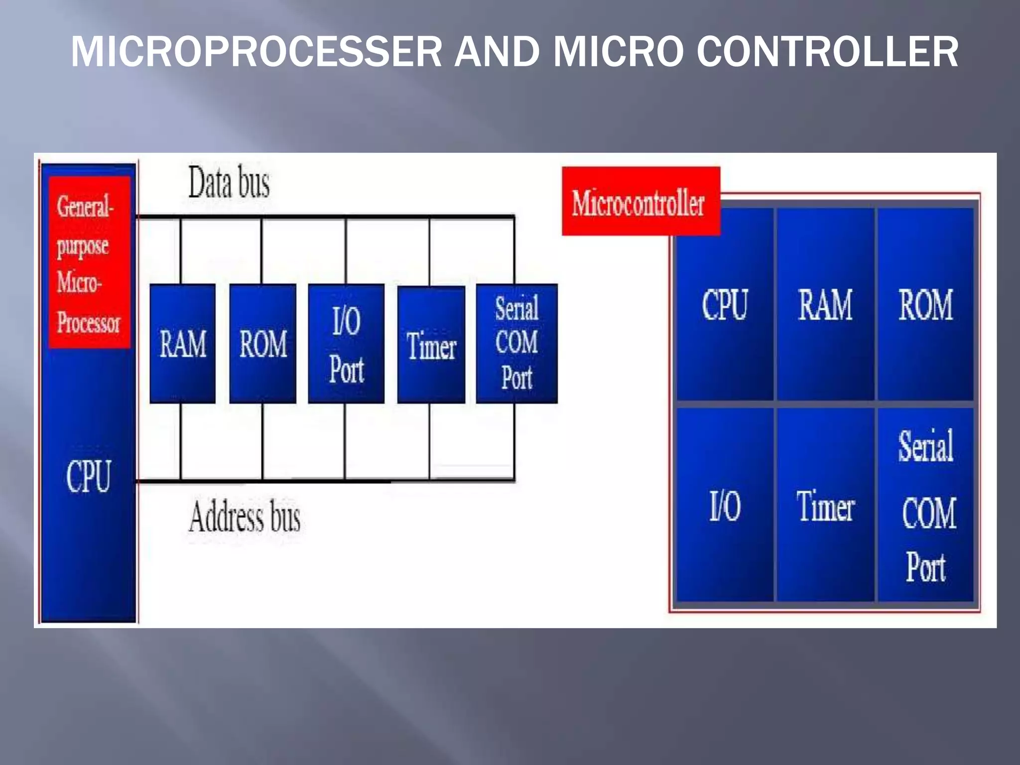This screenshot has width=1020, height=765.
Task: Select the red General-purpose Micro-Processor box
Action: pyautogui.click(x=90, y=262)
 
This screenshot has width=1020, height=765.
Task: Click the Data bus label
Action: pyautogui.click(x=229, y=182)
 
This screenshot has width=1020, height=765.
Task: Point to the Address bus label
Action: pyautogui.click(x=244, y=517)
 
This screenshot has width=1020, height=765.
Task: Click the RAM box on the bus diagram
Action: pyautogui.click(x=183, y=344)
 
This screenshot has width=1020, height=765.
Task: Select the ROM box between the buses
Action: pyautogui.click(x=262, y=344)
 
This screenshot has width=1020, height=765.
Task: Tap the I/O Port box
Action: pyautogui.click(x=346, y=344)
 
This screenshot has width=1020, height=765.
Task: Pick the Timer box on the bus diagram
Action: pyautogui.click(x=431, y=345)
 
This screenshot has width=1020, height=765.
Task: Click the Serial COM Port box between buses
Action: pyautogui.click(x=516, y=344)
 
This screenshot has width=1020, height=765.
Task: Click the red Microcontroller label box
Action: pyautogui.click(x=640, y=201)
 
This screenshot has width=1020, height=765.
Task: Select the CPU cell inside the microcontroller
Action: pyautogui.click(x=725, y=304)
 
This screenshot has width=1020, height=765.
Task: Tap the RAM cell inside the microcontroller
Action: pyautogui.click(x=825, y=304)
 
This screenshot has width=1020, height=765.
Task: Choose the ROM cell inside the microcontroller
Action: pyautogui.click(x=925, y=304)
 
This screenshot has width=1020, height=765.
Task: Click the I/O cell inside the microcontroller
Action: pyautogui.click(x=725, y=505)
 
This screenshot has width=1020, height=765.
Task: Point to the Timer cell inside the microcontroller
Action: pyautogui.click(x=825, y=505)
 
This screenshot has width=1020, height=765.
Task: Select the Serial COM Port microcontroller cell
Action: pyautogui.click(x=925, y=505)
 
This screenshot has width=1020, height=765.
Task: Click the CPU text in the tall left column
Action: pyautogui.click(x=88, y=476)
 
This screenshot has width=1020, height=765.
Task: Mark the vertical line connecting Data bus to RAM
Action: pyautogui.click(x=181, y=251)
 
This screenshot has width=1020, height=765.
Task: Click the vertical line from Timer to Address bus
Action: pyautogui.click(x=429, y=441)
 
